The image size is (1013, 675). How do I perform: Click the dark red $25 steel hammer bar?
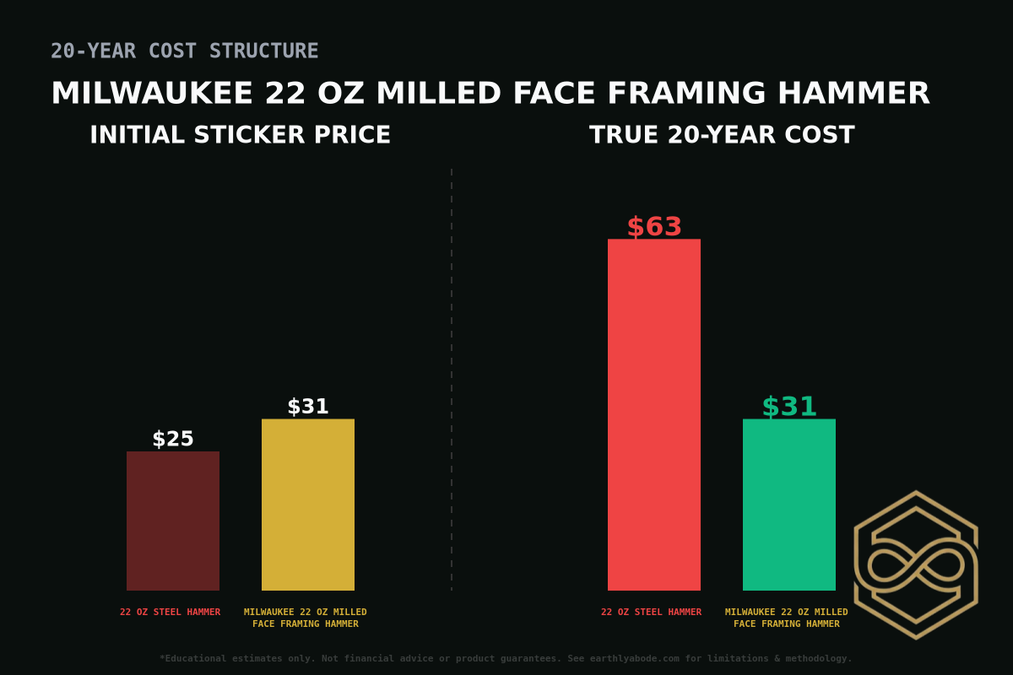point(173,521)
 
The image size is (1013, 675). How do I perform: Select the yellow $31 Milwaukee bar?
point(308,505)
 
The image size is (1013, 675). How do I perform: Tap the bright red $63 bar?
point(654,414)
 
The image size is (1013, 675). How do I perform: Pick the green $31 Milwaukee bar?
point(789,505)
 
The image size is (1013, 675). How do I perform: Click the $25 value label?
point(173,440)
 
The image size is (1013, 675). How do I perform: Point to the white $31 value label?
point(308,407)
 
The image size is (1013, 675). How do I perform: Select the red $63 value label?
point(654,227)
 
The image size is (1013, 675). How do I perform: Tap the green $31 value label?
point(789,407)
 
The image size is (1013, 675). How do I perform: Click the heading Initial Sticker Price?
point(240,135)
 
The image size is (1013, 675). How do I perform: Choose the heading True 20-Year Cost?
point(722,135)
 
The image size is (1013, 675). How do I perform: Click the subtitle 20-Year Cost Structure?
point(184,51)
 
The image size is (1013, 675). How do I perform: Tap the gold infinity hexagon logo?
point(916,564)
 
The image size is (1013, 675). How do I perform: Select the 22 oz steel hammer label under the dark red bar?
point(170,613)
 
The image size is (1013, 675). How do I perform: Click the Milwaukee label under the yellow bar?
point(306,618)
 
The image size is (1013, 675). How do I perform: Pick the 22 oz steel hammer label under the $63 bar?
point(651,613)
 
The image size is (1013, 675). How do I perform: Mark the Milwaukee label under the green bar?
point(787,618)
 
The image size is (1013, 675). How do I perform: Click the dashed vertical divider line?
point(452,380)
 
